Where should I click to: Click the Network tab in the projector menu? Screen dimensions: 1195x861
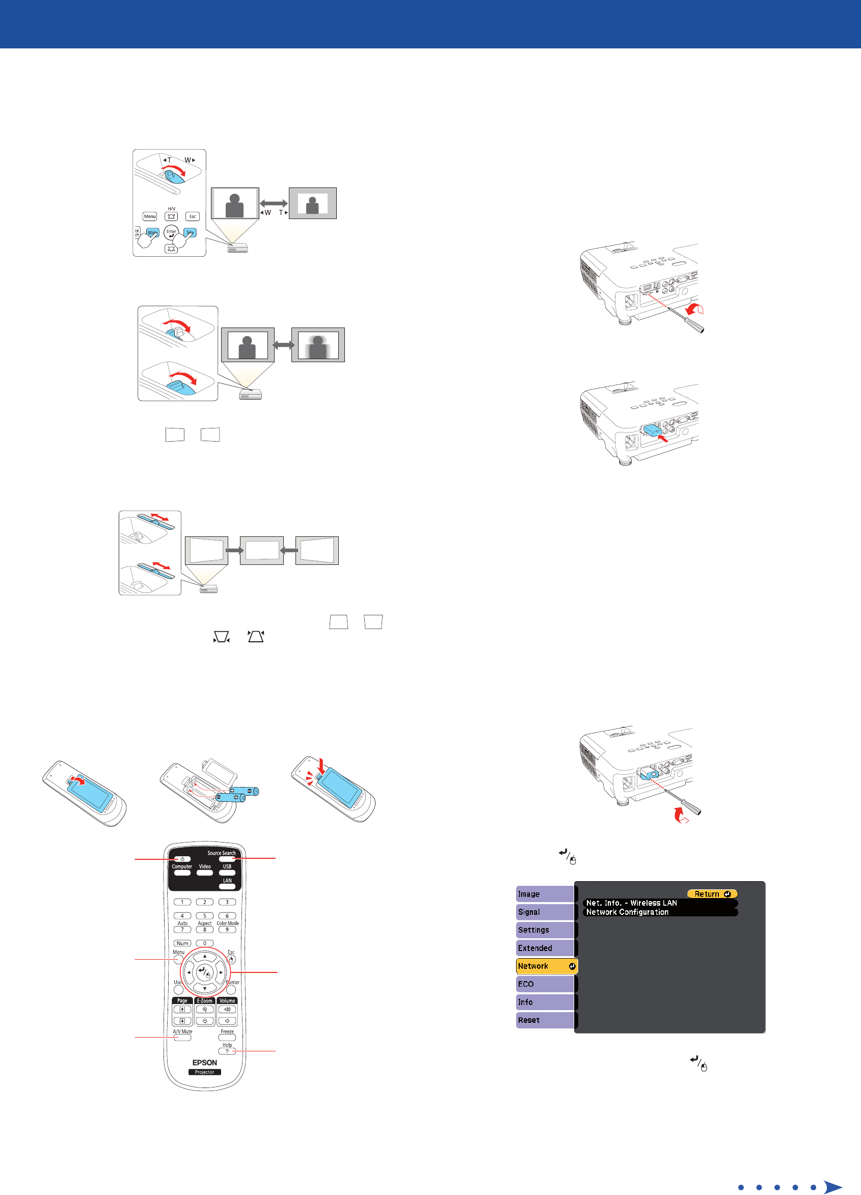point(546,966)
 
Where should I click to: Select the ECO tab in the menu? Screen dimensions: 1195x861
point(544,984)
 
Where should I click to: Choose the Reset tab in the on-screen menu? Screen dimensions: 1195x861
point(544,1020)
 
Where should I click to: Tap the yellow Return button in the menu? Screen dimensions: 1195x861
point(712,894)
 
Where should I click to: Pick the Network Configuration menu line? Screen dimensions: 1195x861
point(660,912)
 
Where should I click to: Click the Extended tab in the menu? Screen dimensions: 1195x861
point(544,948)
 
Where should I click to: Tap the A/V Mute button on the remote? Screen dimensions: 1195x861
point(182,1038)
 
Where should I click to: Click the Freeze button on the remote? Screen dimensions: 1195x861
point(227,1038)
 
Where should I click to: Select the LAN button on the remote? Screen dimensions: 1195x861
point(227,887)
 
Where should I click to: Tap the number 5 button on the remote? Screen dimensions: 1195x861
point(204,916)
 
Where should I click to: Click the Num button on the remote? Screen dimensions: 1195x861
point(182,943)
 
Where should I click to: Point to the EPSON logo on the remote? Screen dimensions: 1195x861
point(204,1062)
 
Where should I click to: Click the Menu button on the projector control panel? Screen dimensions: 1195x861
point(150,216)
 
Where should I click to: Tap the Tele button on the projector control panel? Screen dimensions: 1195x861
point(190,232)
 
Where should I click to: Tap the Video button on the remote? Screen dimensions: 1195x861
point(204,873)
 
